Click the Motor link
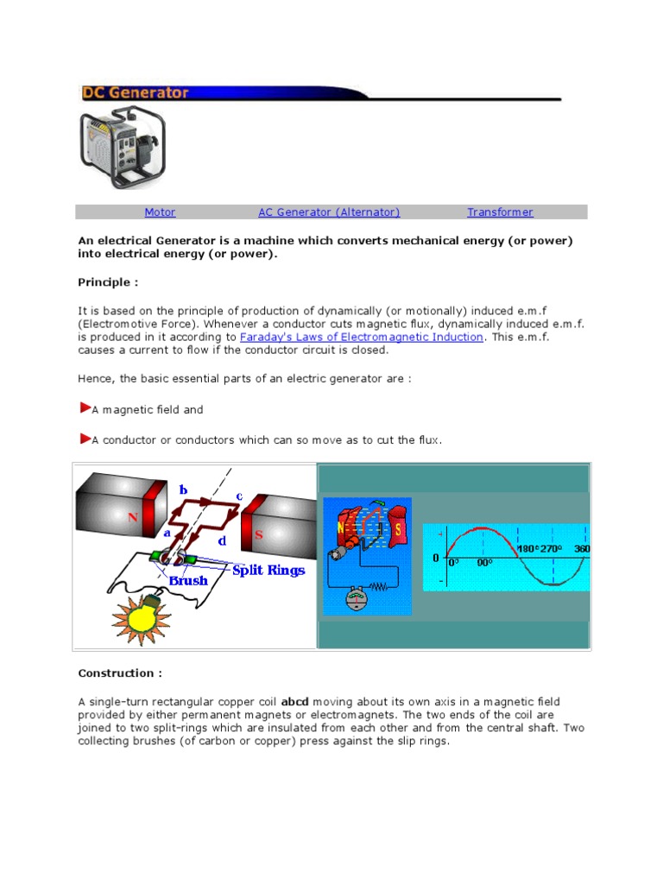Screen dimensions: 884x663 coord(160,212)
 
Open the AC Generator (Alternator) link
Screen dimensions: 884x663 coord(329,212)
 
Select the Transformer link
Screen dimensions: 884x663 coord(500,212)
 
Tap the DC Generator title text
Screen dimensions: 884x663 coord(136,92)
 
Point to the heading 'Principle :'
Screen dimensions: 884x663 coord(108,283)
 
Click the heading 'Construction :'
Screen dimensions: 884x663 coord(120,673)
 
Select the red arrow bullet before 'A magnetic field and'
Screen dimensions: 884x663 coord(84,407)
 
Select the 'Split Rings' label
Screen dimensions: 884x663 coord(268,571)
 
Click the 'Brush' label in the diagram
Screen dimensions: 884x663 coord(188,581)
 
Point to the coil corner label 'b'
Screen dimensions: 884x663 coord(182,490)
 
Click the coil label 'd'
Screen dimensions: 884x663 coord(223,541)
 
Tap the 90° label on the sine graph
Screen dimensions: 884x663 coord(483,563)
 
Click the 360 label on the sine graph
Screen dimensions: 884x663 coord(582,549)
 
